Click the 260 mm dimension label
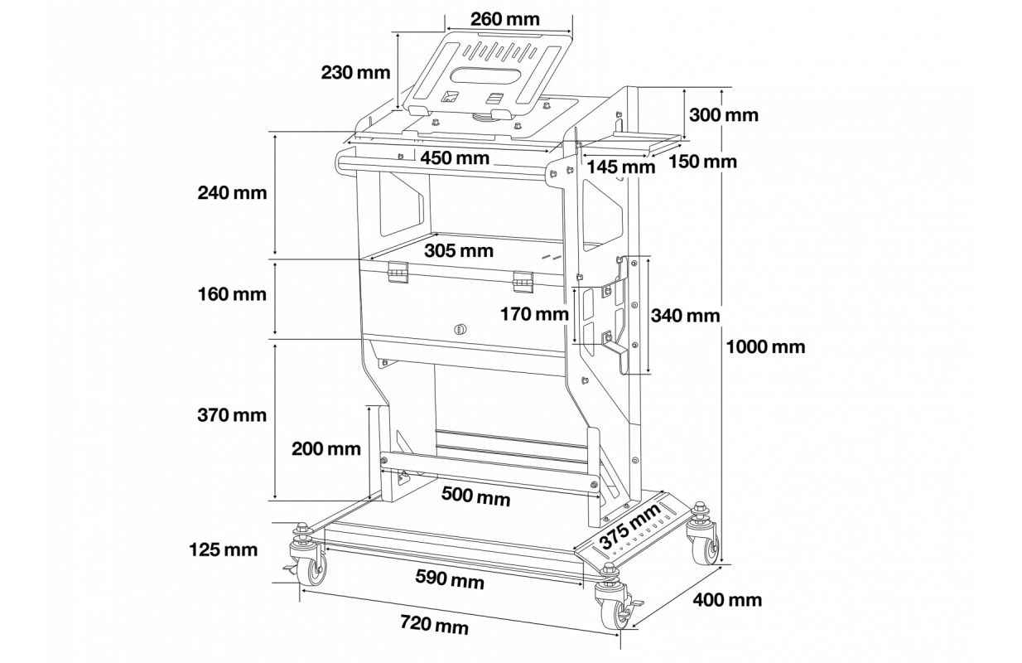pos(505,19)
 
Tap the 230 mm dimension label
pos(355,73)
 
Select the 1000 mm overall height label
pos(765,347)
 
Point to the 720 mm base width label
pos(434,625)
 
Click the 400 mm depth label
pos(727,599)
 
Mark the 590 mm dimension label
pos(450,579)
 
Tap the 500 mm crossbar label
pos(476,496)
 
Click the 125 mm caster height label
pos(224,549)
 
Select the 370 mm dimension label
pos(232,415)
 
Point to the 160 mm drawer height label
pos(232,294)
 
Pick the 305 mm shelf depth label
pos(459,250)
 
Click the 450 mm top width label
pos(455,158)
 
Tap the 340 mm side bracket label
pos(685,316)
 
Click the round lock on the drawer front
pos(460,328)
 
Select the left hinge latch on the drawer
pos(396,273)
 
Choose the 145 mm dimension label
pos(620,167)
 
